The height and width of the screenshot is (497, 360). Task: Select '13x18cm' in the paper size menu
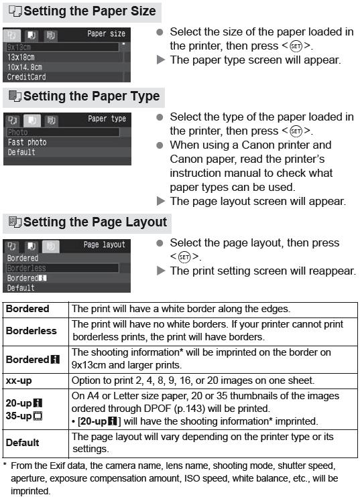(x=22, y=57)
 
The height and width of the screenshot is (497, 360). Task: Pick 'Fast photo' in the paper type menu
(x=27, y=143)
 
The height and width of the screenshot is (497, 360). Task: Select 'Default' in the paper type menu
(x=21, y=153)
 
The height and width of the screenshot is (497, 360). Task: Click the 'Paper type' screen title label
(x=107, y=119)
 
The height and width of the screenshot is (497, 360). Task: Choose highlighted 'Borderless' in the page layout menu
(x=26, y=268)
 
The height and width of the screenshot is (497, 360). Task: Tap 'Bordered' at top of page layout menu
(x=22, y=258)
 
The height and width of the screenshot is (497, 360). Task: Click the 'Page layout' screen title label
(x=104, y=244)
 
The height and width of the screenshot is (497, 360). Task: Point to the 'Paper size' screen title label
(x=106, y=33)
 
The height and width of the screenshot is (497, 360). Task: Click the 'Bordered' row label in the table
(x=27, y=309)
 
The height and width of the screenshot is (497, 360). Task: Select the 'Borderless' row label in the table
(x=31, y=330)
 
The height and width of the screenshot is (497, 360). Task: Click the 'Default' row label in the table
(x=23, y=442)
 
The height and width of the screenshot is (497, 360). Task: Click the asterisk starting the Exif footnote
(x=5, y=465)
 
